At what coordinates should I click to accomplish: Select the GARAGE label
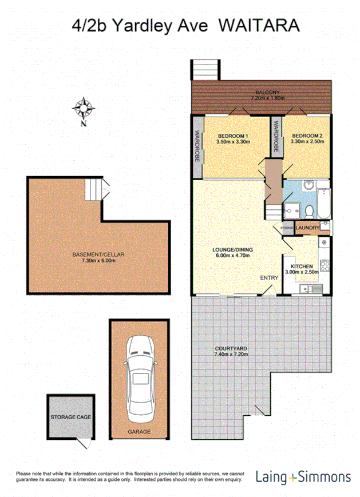pos(139,432)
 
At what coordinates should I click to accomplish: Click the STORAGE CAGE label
pos(71,418)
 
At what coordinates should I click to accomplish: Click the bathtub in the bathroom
pos(324,201)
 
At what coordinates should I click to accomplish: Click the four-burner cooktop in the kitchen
pos(324,265)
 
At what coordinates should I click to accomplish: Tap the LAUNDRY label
pos(307,228)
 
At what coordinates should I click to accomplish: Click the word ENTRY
pos(269,278)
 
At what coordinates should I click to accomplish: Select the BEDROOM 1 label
pos(232,136)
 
